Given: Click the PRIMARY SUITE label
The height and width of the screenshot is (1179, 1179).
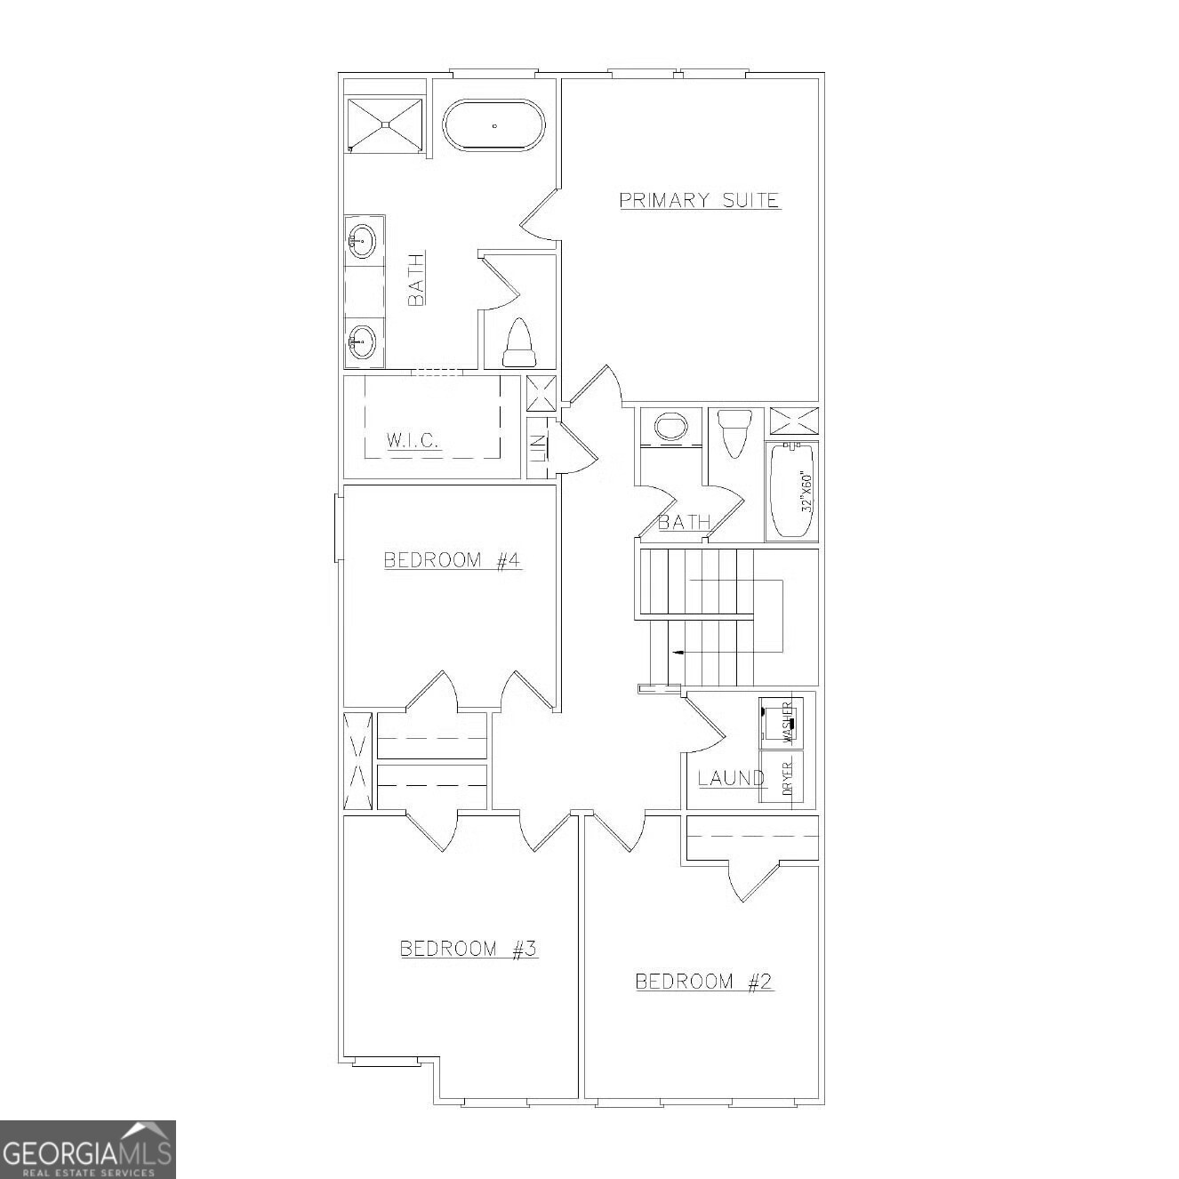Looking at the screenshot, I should click(699, 200).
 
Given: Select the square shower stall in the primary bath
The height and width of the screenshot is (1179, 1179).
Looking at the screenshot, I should click(385, 124).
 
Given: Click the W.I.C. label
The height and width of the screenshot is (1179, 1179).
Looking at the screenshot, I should click(413, 439).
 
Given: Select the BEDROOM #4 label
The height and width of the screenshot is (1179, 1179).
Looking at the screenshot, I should click(452, 560).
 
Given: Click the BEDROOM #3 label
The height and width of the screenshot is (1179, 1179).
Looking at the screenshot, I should click(469, 949).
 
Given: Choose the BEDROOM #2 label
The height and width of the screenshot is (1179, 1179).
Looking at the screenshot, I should click(703, 982).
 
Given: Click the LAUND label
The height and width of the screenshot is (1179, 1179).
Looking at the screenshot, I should click(731, 778).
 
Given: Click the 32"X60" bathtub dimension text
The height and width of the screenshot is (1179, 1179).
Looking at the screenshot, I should click(807, 491).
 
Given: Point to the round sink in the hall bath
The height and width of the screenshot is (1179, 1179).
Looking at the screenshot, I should click(671, 427).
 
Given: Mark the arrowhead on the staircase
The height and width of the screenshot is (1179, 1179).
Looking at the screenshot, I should click(678, 653).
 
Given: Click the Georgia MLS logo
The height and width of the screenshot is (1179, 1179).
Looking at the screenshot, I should click(87, 1149).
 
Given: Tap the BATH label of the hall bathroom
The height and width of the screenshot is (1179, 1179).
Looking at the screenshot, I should click(684, 522).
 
